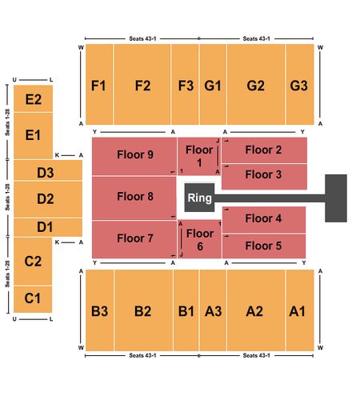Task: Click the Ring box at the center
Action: (199, 198)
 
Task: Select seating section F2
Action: (142, 84)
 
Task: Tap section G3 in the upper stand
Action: (300, 84)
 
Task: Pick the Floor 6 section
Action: (199, 239)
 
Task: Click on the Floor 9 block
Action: (134, 156)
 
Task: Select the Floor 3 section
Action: (264, 177)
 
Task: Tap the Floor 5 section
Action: (264, 246)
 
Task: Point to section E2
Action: (33, 98)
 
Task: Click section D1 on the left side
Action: (48, 227)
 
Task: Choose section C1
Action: (33, 299)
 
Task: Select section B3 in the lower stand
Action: (100, 310)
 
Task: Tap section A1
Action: (300, 310)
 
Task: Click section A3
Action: (213, 310)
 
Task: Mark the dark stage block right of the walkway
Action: (336, 198)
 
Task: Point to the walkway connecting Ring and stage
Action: (270, 198)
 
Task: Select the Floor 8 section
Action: (134, 198)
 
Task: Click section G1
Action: (213, 84)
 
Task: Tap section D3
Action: (48, 170)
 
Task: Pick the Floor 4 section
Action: (264, 219)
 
